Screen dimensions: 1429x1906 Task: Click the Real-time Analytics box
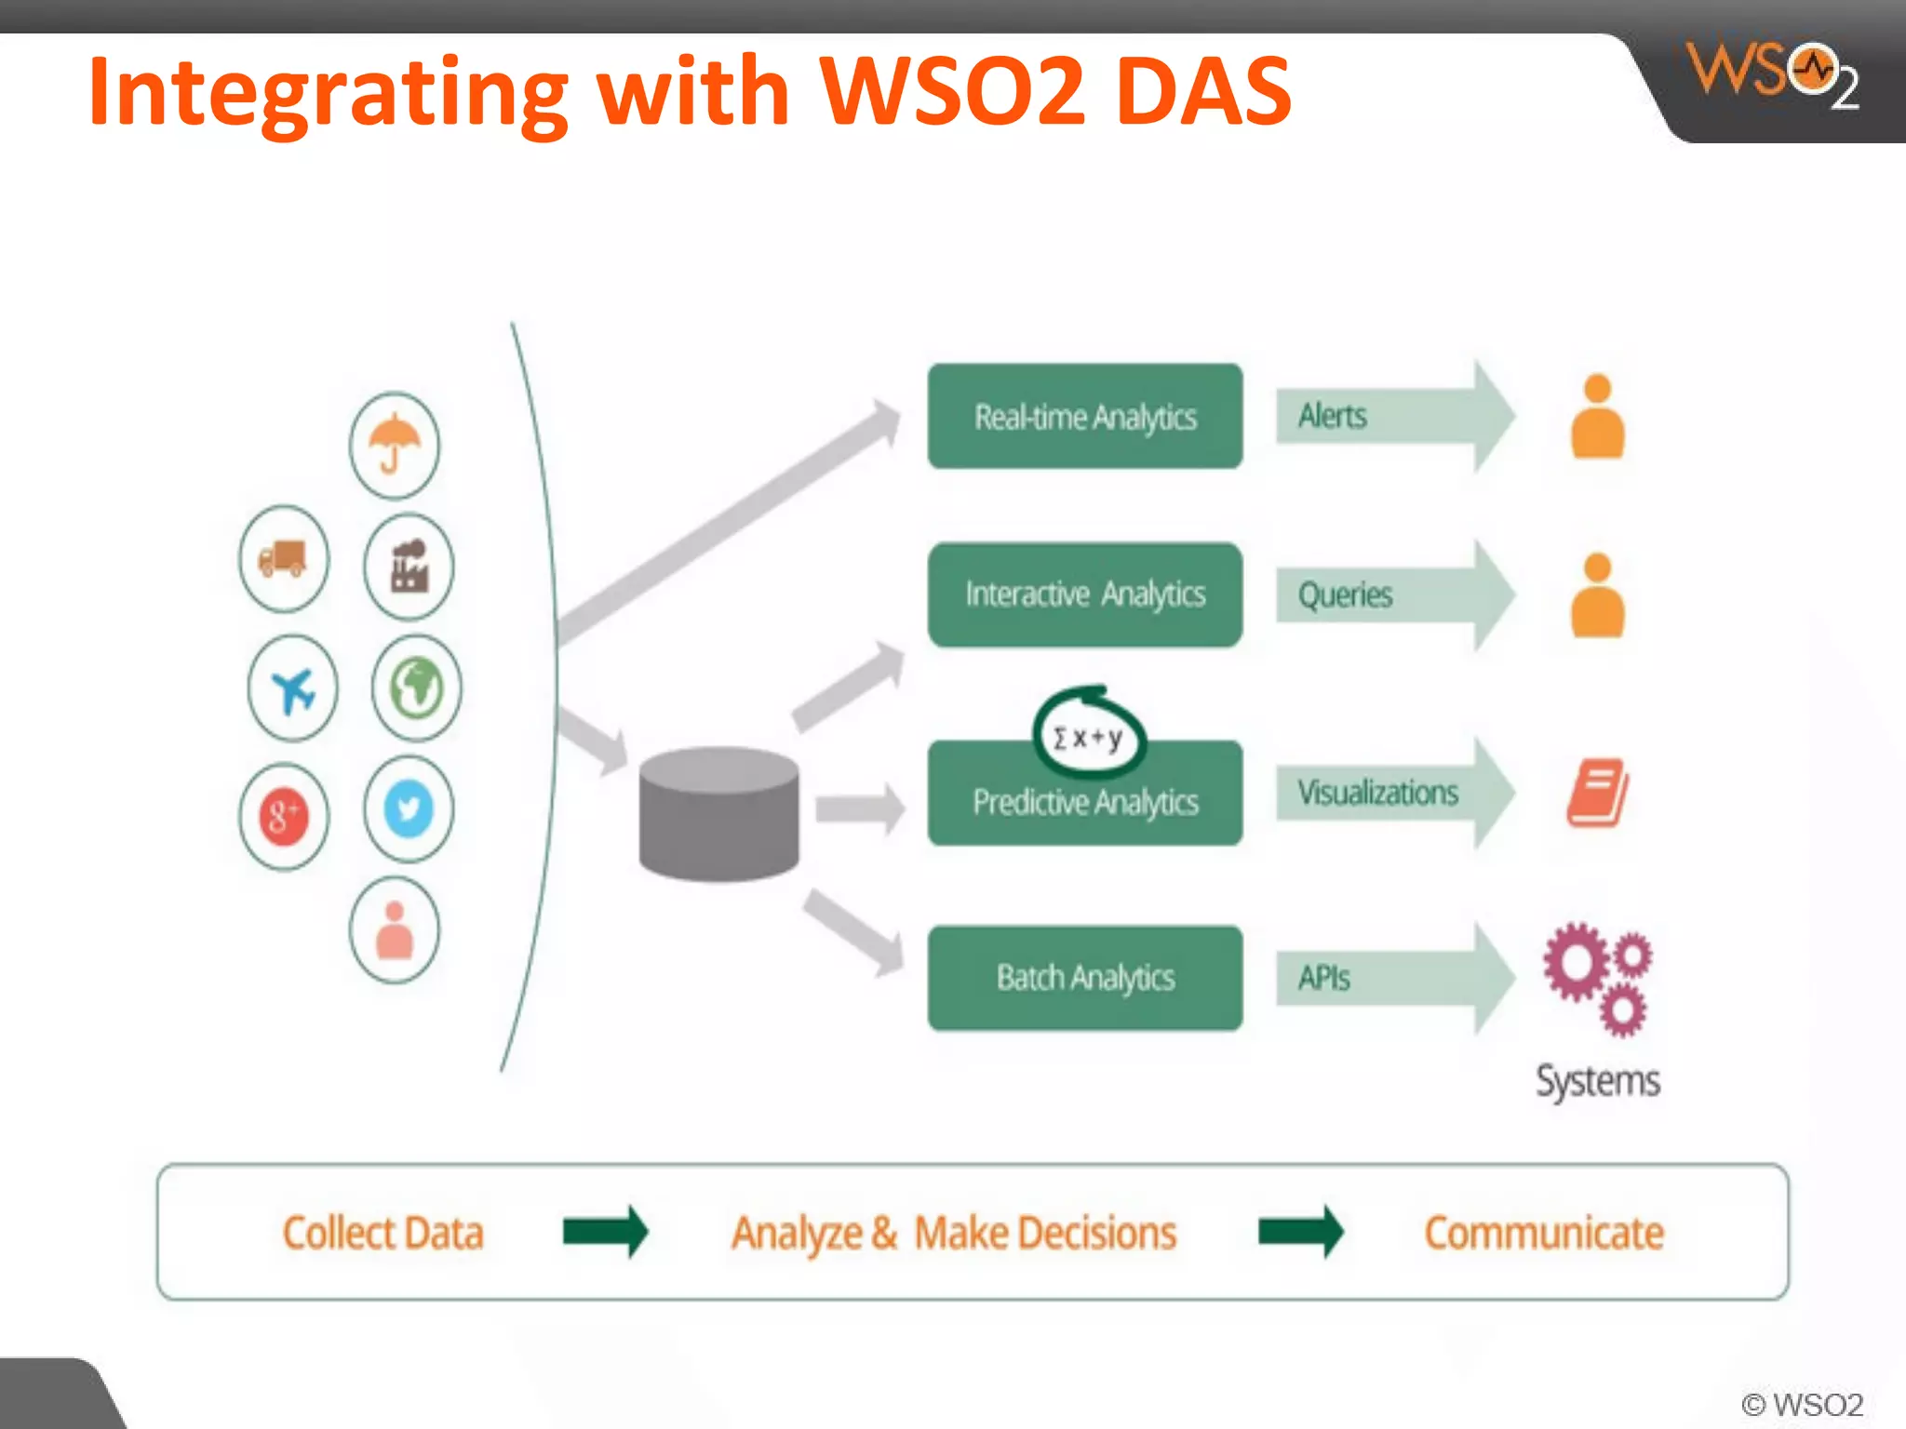click(x=1084, y=416)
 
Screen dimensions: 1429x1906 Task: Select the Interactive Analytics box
click(x=1084, y=594)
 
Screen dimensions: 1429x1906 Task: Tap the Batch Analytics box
click(x=1084, y=978)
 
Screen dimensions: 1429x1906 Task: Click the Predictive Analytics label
click(x=1084, y=802)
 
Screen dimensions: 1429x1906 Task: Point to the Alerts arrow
click(x=1391, y=416)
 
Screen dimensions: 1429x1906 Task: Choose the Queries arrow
click(x=1391, y=594)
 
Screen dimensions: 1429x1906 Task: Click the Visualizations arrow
click(x=1391, y=793)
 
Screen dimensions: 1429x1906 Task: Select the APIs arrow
click(x=1391, y=978)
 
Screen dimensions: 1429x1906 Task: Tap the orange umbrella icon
click(x=394, y=445)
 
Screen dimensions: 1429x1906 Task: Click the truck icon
click(x=283, y=558)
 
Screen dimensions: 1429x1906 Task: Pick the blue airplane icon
click(x=293, y=689)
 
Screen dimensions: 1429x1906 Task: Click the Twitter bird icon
click(x=409, y=808)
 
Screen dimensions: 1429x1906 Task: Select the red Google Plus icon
click(x=284, y=817)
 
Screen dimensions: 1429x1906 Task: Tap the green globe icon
click(x=416, y=688)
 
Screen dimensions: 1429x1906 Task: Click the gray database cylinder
click(x=718, y=814)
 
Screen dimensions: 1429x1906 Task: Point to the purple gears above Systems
click(x=1597, y=978)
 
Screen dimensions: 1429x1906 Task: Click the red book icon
click(x=1597, y=793)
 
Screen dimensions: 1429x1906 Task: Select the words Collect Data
click(x=383, y=1233)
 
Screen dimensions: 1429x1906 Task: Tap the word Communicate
click(x=1543, y=1233)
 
